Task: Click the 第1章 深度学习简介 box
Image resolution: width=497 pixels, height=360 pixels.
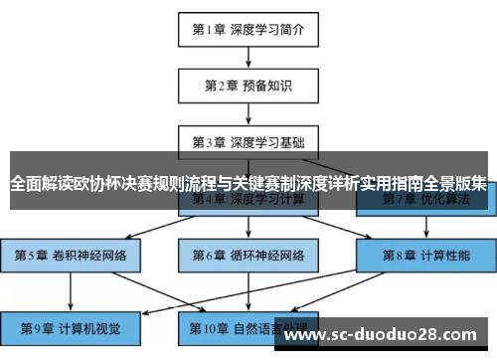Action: point(248,29)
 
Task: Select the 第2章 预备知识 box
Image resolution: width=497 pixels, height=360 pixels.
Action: point(248,86)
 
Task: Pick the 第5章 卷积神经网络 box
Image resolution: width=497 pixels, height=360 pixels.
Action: point(71,255)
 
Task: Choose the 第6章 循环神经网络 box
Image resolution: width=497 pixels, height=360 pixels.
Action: point(248,255)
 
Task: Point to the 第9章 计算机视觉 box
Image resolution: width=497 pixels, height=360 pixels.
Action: point(71,326)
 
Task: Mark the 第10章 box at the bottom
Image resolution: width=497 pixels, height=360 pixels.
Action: point(248,326)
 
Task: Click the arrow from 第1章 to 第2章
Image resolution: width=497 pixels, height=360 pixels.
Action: point(248,57)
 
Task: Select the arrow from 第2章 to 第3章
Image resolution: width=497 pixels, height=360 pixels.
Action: point(248,111)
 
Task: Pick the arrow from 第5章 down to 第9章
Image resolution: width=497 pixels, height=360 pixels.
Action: point(71,290)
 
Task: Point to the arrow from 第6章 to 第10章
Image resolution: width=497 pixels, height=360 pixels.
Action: point(248,290)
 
